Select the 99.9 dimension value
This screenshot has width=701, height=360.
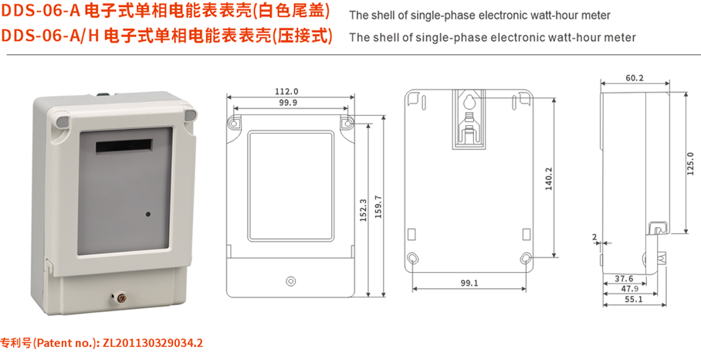click(287, 103)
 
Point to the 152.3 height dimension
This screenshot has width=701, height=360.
click(363, 210)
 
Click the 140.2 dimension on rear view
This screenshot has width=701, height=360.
click(549, 178)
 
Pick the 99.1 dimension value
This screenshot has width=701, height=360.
click(469, 284)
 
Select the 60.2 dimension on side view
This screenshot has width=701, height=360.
click(635, 78)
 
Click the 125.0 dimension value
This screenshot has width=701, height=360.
click(689, 163)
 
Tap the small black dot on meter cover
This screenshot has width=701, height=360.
click(147, 211)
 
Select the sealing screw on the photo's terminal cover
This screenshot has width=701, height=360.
click(120, 296)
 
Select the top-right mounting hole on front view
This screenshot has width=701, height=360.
click(347, 124)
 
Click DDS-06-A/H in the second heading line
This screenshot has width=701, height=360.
click(49, 36)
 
